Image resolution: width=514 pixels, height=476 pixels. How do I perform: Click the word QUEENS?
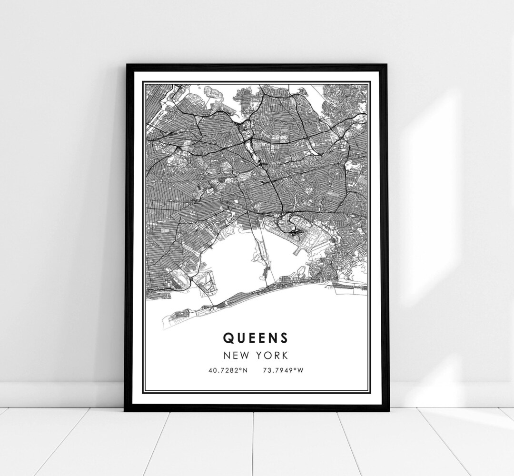[255, 337]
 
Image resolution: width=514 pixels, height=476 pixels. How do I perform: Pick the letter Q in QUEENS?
[227, 337]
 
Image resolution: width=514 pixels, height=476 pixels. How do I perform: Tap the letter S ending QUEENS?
[284, 337]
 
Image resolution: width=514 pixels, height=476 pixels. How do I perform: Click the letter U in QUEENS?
[239, 337]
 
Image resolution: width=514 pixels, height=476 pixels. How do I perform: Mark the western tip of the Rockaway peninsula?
[164, 317]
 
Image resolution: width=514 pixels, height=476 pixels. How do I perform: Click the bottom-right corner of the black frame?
[388, 410]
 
